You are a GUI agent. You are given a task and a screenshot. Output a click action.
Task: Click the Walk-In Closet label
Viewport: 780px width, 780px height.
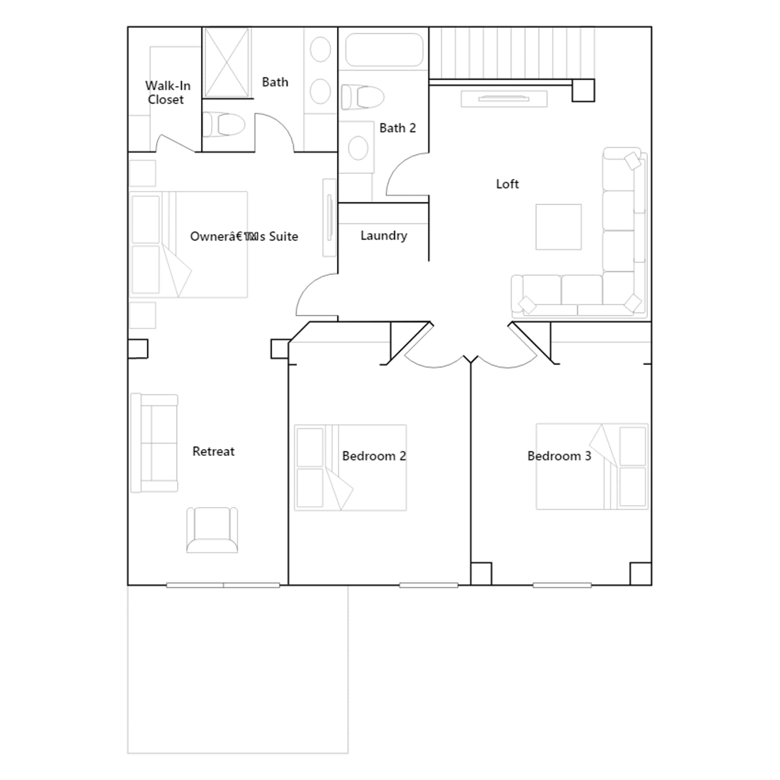[168, 93]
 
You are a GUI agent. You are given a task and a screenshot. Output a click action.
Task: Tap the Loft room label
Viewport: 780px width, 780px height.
[507, 184]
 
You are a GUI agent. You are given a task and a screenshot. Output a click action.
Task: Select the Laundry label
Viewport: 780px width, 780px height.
[384, 235]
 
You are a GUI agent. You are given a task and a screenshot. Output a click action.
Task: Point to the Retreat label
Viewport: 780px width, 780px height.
[213, 451]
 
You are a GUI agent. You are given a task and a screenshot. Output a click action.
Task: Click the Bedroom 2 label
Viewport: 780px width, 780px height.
[374, 456]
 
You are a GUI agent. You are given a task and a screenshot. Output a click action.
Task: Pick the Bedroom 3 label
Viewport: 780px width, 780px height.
[559, 456]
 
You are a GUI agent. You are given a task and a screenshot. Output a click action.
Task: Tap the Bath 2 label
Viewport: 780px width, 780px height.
[397, 128]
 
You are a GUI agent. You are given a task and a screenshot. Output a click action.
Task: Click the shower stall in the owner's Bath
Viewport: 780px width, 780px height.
[227, 63]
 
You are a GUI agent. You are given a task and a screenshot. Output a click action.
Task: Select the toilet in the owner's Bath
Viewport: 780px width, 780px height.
[224, 124]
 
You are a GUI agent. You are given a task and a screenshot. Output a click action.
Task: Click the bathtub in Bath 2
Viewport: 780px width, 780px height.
[384, 49]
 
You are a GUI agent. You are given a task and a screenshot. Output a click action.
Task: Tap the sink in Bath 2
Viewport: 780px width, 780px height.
[358, 148]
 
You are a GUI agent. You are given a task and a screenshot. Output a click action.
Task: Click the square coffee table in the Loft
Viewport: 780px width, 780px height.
[558, 227]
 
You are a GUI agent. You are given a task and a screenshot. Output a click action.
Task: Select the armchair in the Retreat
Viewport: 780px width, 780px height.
[212, 530]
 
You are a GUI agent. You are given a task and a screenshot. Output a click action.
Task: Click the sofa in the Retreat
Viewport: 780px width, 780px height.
[154, 443]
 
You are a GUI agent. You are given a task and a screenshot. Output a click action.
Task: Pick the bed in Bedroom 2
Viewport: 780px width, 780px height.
[351, 468]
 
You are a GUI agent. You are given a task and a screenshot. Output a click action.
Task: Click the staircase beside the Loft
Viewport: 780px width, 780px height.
[512, 53]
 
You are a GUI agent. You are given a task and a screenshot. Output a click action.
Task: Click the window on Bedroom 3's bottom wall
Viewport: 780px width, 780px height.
[562, 585]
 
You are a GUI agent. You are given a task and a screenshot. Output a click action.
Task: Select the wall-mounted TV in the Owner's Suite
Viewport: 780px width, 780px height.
[330, 217]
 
